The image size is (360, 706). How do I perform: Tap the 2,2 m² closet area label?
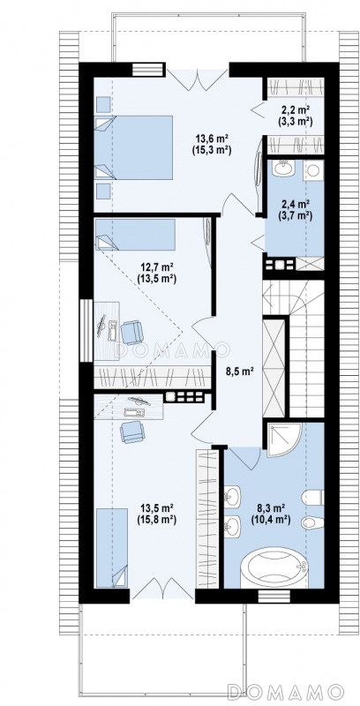pyautogui.click(x=295, y=109)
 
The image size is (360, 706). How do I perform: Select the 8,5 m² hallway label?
pyautogui.click(x=239, y=372)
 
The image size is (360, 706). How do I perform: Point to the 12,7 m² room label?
pyautogui.click(x=155, y=267)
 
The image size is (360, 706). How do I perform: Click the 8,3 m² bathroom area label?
pyautogui.click(x=271, y=509)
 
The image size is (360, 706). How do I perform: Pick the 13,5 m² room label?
pyautogui.click(x=156, y=509)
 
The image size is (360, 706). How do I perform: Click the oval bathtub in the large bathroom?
pyautogui.click(x=274, y=567)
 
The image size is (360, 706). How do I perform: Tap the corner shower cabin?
pyautogui.click(x=284, y=439)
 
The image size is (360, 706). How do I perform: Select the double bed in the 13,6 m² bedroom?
pyautogui.click(x=133, y=147)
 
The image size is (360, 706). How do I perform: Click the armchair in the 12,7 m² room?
pyautogui.click(x=131, y=332)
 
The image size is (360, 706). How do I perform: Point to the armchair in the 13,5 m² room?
pyautogui.click(x=132, y=432)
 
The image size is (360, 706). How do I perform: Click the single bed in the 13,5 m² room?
pyautogui.click(x=111, y=547)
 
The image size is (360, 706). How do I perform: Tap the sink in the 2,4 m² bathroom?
pyautogui.click(x=283, y=169)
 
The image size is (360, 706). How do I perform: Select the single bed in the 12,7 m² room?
pyautogui.click(x=135, y=234)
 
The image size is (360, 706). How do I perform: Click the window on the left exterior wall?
pyautogui.click(x=86, y=330)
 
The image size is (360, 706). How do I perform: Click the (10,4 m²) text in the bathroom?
pyautogui.click(x=271, y=520)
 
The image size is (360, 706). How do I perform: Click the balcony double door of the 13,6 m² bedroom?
pyautogui.click(x=198, y=78)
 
